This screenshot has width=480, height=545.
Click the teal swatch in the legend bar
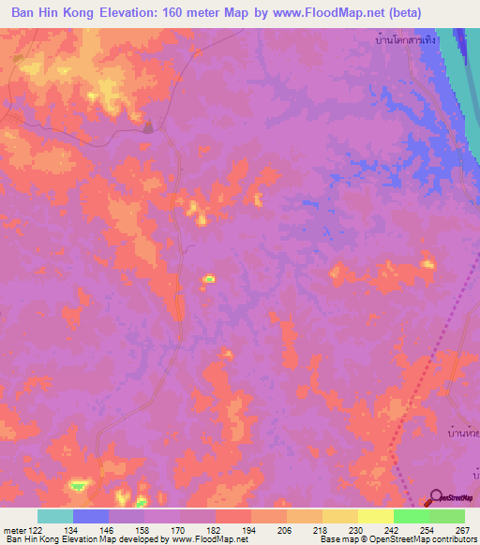click(x=54, y=516)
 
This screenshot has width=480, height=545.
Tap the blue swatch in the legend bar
click(x=90, y=516)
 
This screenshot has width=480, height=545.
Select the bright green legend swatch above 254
click(x=411, y=516)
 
